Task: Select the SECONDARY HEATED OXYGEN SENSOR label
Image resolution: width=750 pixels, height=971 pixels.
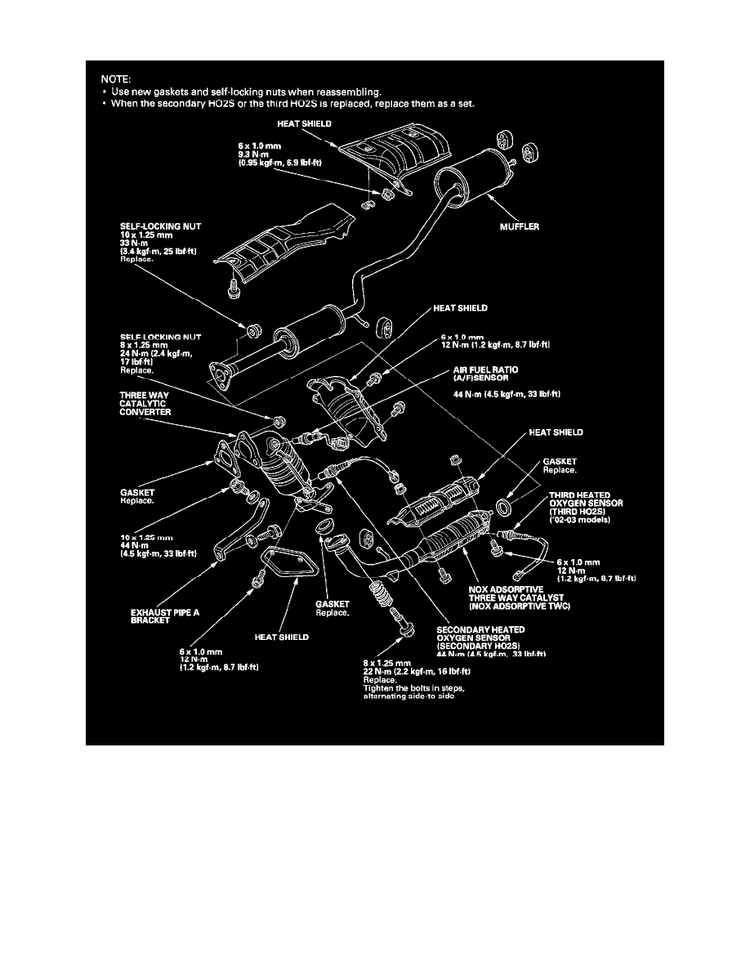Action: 493,633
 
